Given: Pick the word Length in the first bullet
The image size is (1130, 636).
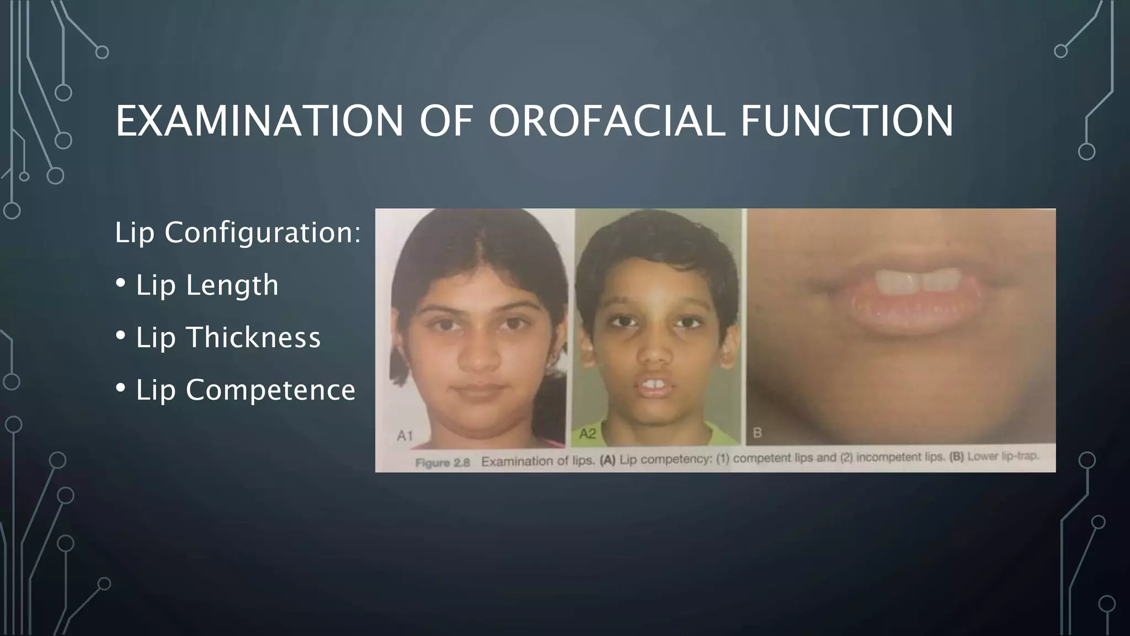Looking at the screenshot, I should tap(232, 285).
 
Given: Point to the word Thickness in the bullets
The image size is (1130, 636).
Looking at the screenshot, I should tap(254, 337).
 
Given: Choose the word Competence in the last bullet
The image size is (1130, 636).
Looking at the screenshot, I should tap(270, 390).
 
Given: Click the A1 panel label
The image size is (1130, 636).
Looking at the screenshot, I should tap(404, 436).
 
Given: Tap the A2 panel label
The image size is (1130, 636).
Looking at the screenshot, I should tap(587, 434).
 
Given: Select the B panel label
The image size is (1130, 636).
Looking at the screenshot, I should tap(757, 433).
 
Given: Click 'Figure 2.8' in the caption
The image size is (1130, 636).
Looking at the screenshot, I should tap(442, 463).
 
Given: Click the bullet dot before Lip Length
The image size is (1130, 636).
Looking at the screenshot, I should tap(121, 283).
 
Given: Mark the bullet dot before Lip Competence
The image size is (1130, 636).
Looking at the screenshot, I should tap(121, 388).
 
